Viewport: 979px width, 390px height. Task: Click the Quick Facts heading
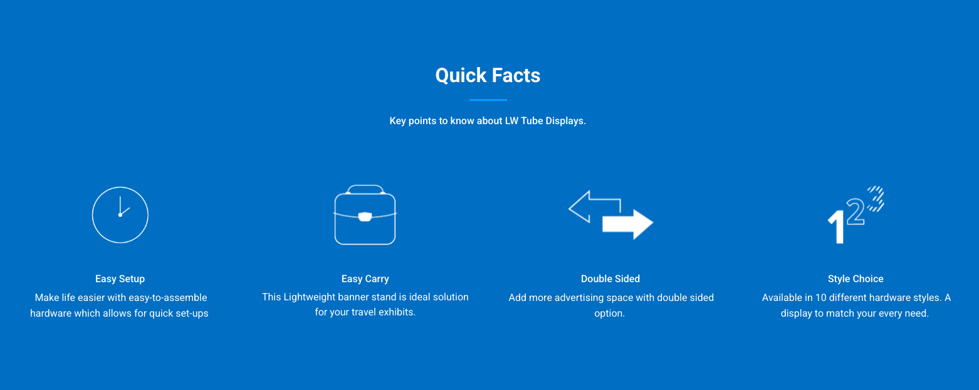click(x=488, y=75)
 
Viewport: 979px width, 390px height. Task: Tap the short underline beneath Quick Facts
click(x=488, y=100)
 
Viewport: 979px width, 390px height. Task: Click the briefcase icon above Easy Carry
click(x=365, y=214)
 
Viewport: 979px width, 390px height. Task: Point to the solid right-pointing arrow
click(x=627, y=224)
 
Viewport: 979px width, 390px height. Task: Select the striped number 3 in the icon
click(x=876, y=199)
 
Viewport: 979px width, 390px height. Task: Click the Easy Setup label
click(x=120, y=278)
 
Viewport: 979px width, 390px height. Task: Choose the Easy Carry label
click(x=365, y=278)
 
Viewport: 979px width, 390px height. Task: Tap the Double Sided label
click(x=610, y=278)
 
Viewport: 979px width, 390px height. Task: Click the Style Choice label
click(x=856, y=278)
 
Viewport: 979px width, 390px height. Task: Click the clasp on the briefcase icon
click(x=365, y=217)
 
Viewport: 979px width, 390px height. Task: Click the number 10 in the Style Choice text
click(x=821, y=298)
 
